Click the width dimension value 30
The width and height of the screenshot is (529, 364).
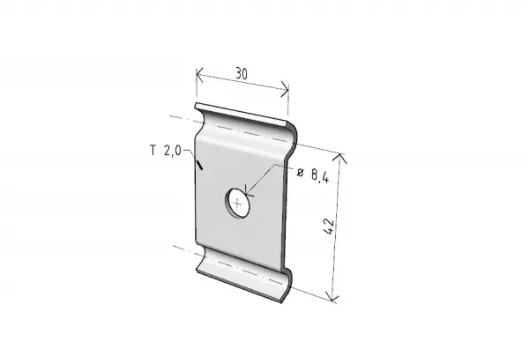click(x=242, y=73)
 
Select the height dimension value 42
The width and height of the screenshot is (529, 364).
click(x=328, y=227)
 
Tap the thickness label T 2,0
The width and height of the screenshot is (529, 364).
click(x=166, y=150)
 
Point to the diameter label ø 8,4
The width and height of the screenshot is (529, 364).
click(x=313, y=175)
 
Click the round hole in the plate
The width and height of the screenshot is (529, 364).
click(x=238, y=204)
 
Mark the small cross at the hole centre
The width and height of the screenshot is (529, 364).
click(x=238, y=204)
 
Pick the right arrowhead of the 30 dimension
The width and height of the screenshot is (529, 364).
click(x=286, y=89)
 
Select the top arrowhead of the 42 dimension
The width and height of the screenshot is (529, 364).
click(x=339, y=158)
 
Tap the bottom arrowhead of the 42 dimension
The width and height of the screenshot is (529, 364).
click(x=332, y=296)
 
